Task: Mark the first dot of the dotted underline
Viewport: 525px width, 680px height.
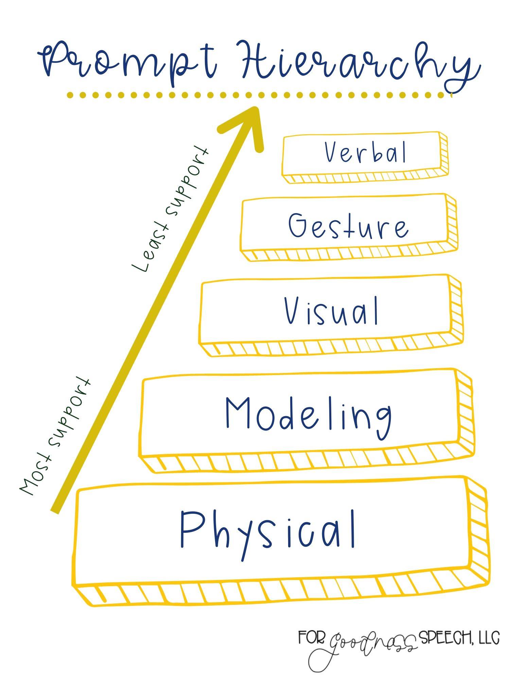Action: click(70, 95)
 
